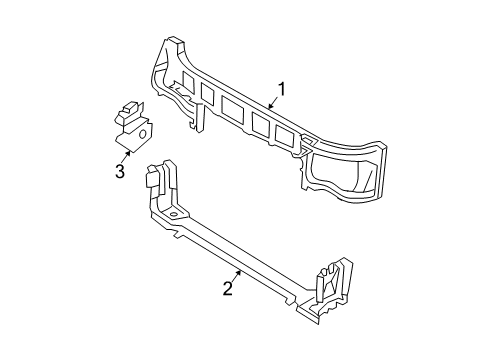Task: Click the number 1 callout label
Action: tap(283, 90)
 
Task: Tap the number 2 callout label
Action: tap(228, 289)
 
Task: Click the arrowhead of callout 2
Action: tap(239, 269)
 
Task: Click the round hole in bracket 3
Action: tap(143, 129)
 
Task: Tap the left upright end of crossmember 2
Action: tap(155, 181)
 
